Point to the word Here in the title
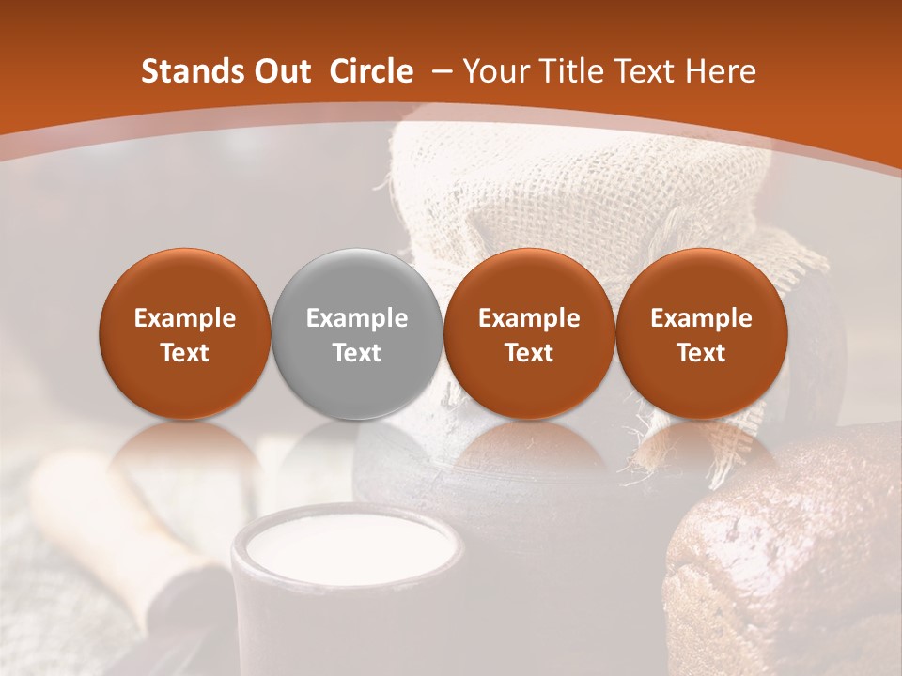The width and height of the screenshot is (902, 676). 723,71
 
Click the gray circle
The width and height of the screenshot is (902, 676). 357,333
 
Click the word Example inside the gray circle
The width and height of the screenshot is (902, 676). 357,318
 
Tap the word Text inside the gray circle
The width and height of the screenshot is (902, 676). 357,353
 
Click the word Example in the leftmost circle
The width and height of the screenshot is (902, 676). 185,318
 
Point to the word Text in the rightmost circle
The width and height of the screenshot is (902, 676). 701,353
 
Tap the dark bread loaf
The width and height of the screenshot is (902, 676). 789,554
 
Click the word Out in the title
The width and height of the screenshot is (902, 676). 280,71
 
